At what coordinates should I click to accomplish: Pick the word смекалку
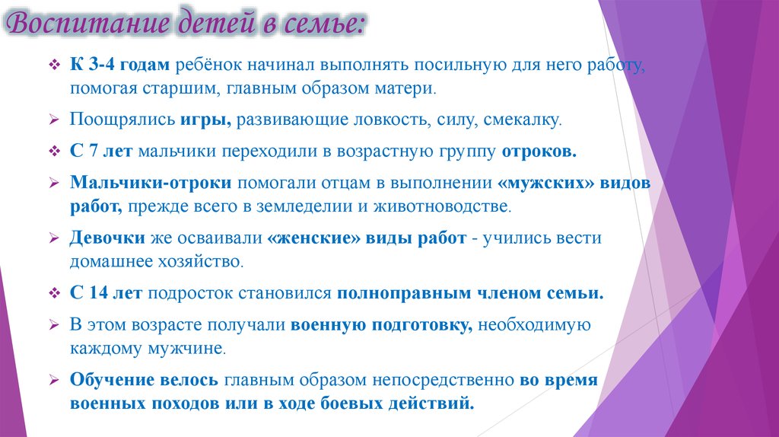coord(524,120)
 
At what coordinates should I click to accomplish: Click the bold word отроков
coord(539,151)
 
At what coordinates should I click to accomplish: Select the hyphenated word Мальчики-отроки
coord(152,183)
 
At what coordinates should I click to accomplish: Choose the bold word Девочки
coord(107,238)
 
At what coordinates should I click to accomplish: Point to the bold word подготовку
coord(423,325)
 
